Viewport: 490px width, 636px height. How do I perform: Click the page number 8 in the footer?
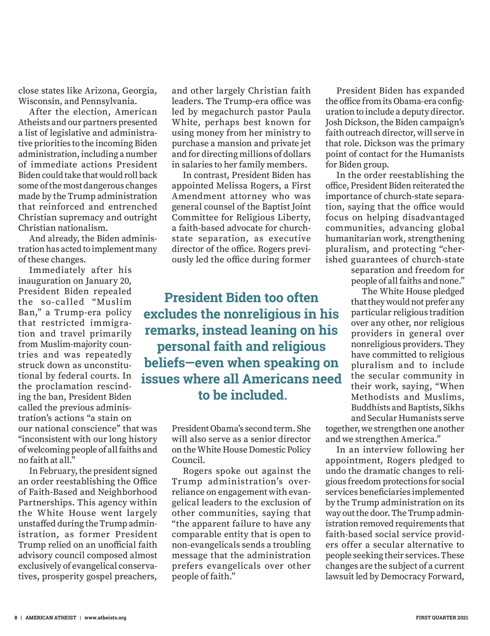coord(16,618)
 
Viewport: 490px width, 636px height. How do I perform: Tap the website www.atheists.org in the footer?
coord(105,618)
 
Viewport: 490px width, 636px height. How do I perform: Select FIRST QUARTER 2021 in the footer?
coord(441,618)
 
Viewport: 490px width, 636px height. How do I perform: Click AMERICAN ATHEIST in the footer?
coord(51,618)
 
